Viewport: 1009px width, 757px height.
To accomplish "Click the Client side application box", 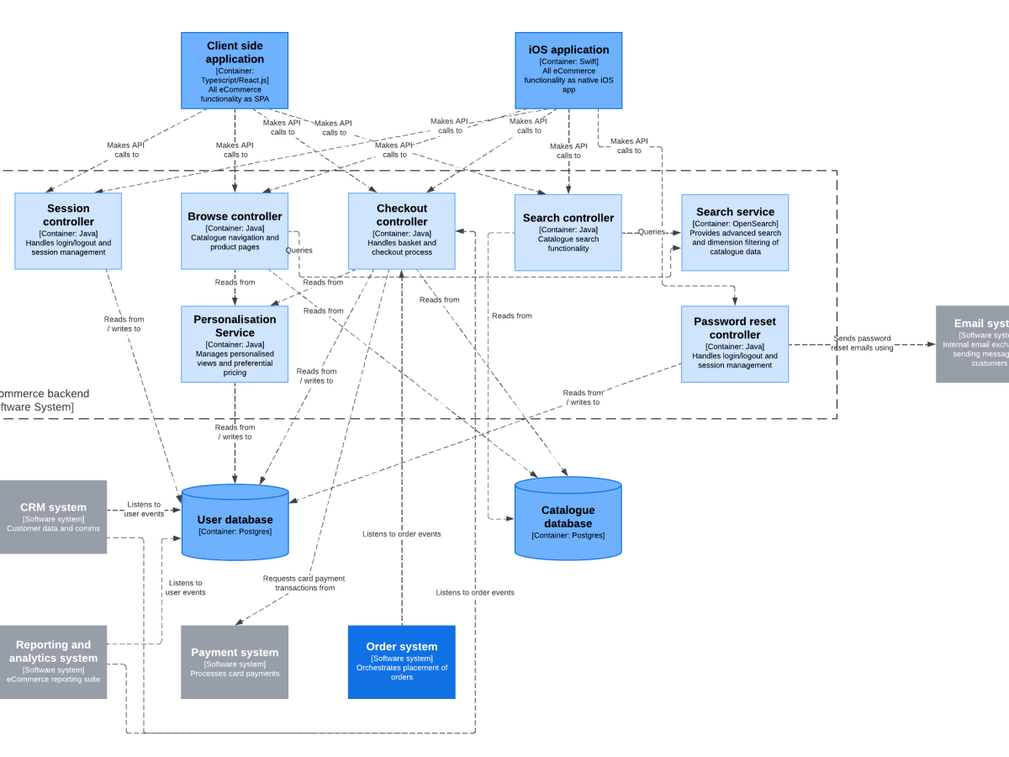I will tap(235, 71).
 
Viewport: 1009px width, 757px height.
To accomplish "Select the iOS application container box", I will tap(568, 71).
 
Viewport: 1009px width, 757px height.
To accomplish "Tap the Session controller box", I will tap(68, 231).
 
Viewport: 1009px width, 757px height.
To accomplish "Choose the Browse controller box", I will tap(235, 231).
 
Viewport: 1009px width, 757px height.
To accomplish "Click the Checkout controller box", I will tap(402, 231).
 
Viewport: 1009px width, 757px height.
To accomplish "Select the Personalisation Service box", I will tap(235, 344).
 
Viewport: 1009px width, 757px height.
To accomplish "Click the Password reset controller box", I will tap(735, 344).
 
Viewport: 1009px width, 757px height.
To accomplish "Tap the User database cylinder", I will tap(235, 524).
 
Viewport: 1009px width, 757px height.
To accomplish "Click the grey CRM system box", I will tap(53, 516).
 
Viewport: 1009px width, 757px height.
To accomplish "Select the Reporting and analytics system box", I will tap(53, 661).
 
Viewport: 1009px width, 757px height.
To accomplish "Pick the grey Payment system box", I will tap(235, 662).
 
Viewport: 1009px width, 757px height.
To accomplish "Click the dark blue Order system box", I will tap(402, 662).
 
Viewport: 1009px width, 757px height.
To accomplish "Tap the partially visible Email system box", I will tap(974, 344).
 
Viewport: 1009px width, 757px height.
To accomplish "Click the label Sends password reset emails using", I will tap(862, 343).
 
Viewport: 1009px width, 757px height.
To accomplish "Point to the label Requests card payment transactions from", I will tap(304, 583).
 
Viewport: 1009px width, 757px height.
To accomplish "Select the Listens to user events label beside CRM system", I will tap(144, 509).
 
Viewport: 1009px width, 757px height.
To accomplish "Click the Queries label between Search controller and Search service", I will tap(651, 232).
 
